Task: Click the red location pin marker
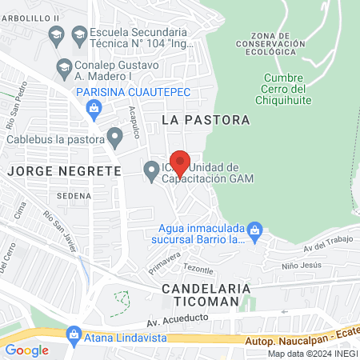(x=180, y=162)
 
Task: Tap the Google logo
(x=26, y=350)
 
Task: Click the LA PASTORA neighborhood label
(x=206, y=119)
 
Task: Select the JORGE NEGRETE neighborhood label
(x=64, y=170)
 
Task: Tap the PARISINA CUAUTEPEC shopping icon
(x=66, y=93)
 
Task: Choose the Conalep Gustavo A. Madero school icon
(x=63, y=68)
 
